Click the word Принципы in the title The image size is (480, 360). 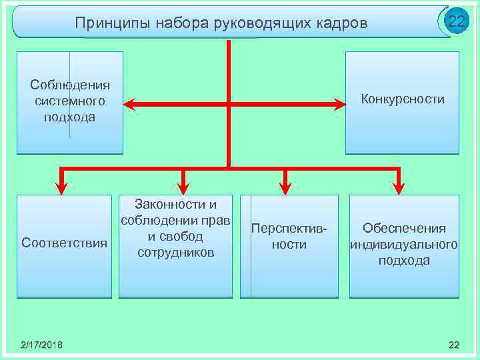[x=113, y=23]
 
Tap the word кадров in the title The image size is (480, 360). [x=340, y=23]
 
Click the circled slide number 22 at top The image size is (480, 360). [x=456, y=21]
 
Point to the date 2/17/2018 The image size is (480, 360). [x=41, y=344]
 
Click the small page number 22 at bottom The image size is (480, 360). [x=454, y=344]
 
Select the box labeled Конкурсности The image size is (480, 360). [x=402, y=100]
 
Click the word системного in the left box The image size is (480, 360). [x=70, y=101]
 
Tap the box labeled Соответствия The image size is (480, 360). [x=64, y=243]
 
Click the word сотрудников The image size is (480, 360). [x=176, y=253]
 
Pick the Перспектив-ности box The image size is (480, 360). [x=289, y=244]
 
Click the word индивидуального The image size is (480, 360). [x=404, y=244]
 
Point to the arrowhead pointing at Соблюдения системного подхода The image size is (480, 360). [x=131, y=104]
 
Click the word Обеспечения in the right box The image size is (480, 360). [x=404, y=228]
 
